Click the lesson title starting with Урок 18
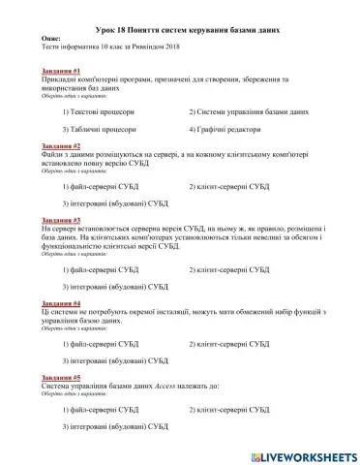coord(179,30)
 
